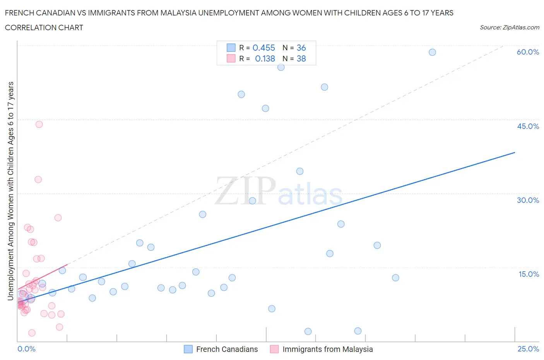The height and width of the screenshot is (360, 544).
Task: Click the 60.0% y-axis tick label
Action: [528, 52]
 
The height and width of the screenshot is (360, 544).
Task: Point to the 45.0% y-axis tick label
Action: [528, 126]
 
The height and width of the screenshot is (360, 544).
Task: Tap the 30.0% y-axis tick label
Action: [528, 200]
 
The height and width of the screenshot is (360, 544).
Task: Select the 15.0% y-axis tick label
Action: [529, 274]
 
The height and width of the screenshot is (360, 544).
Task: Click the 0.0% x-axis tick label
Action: [26, 349]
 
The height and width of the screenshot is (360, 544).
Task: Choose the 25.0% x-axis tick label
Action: [528, 349]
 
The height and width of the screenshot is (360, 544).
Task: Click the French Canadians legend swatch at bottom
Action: [188, 349]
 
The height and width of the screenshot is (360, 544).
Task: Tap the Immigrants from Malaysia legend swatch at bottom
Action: [274, 349]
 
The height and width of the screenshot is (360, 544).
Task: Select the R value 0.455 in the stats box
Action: [263, 48]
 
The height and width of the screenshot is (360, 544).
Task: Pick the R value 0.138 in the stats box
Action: [265, 58]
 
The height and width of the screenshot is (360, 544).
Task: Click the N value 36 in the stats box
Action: [301, 48]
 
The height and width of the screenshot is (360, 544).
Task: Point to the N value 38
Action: [301, 58]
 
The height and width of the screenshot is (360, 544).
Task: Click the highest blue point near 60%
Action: [432, 52]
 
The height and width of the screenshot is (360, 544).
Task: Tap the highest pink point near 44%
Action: [39, 124]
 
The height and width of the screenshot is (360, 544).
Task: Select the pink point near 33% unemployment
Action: [38, 180]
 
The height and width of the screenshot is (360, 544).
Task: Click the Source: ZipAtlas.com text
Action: [509, 27]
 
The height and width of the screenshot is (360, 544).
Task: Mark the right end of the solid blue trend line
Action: [515, 153]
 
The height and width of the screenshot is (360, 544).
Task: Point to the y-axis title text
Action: [10, 191]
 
